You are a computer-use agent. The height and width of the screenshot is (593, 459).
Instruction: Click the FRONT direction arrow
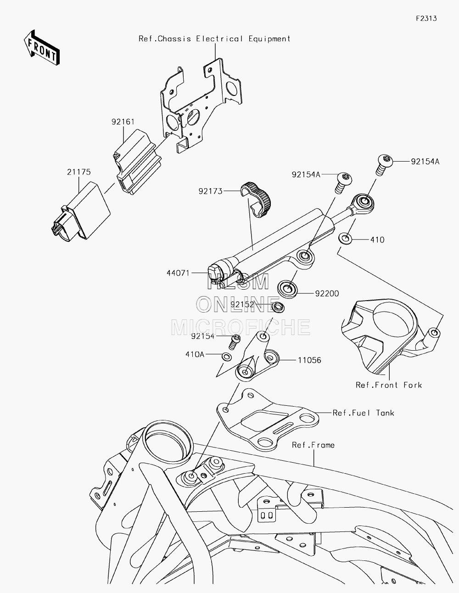[x=41, y=48]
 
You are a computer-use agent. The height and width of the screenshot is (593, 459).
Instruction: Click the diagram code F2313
[x=426, y=18]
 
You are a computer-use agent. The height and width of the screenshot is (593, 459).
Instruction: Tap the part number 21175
[x=79, y=172]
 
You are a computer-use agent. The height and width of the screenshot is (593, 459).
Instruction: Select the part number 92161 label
[x=123, y=122]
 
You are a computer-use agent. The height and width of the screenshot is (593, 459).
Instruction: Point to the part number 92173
[x=210, y=191]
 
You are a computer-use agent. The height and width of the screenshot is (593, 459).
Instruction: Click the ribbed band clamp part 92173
[x=256, y=199]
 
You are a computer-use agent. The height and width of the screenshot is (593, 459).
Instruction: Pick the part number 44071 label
[x=178, y=273]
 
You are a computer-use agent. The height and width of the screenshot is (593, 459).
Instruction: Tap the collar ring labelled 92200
[x=287, y=289]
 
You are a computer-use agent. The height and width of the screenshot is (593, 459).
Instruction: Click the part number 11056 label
[x=309, y=360]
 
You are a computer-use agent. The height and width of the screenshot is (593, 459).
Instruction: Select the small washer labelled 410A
[x=227, y=357]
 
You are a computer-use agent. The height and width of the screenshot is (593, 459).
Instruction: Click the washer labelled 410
[x=345, y=239]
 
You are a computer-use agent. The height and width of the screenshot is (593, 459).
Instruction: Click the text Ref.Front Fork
[x=389, y=385]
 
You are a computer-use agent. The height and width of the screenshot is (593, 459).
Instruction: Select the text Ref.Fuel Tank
[x=363, y=413]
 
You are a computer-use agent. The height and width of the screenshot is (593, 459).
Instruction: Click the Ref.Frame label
[x=313, y=445]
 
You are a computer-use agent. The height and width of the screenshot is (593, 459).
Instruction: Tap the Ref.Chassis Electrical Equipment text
[x=214, y=39]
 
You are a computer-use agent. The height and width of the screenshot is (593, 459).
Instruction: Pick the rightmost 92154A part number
[x=425, y=162]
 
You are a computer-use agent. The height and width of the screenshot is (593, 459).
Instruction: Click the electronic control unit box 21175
[x=81, y=212]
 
